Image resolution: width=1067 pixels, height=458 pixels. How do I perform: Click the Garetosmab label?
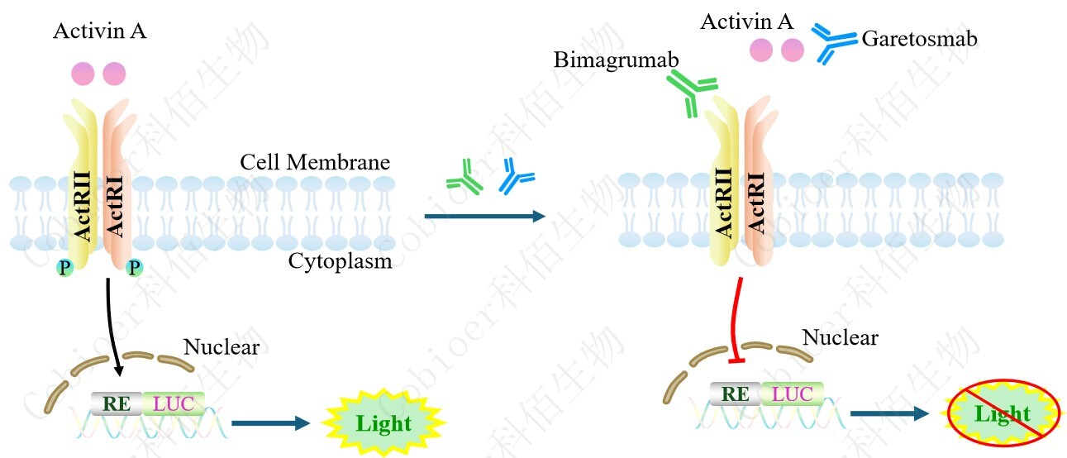tap(919, 38)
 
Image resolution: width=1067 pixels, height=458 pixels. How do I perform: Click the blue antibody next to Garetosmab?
tap(835, 43)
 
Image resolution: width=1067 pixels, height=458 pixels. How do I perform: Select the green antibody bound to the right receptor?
tap(693, 91)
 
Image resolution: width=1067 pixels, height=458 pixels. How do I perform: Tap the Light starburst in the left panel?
tap(383, 423)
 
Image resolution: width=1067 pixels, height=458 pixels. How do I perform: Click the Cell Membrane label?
tap(315, 162)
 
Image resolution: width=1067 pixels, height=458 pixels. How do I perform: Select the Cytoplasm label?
tap(340, 261)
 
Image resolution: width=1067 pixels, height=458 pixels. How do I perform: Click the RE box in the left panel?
tap(117, 403)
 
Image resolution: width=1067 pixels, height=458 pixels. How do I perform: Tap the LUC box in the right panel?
tap(791, 394)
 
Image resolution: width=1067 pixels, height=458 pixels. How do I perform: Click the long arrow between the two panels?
tap(484, 217)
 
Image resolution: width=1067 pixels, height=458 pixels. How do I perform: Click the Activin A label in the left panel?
tap(100, 31)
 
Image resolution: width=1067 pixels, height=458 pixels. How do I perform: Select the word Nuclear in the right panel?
tap(841, 337)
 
